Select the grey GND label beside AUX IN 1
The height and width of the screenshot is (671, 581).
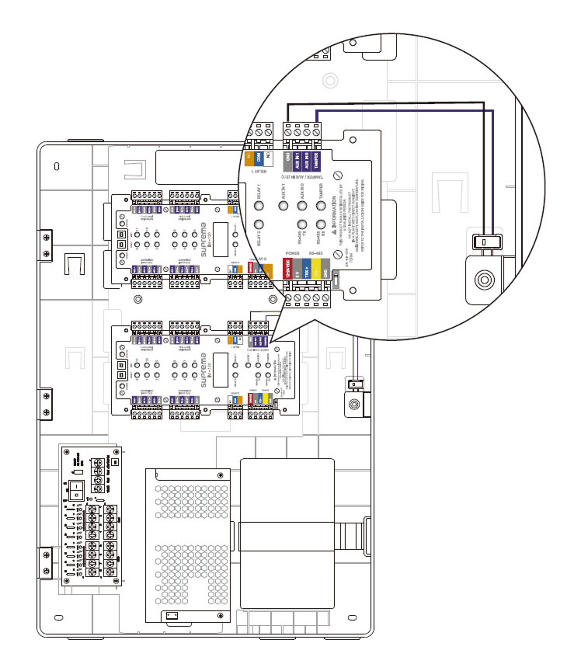click(288, 161)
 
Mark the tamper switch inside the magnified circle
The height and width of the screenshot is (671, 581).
click(484, 242)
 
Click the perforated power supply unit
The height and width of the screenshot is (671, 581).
click(188, 544)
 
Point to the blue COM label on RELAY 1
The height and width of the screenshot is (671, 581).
click(259, 157)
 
